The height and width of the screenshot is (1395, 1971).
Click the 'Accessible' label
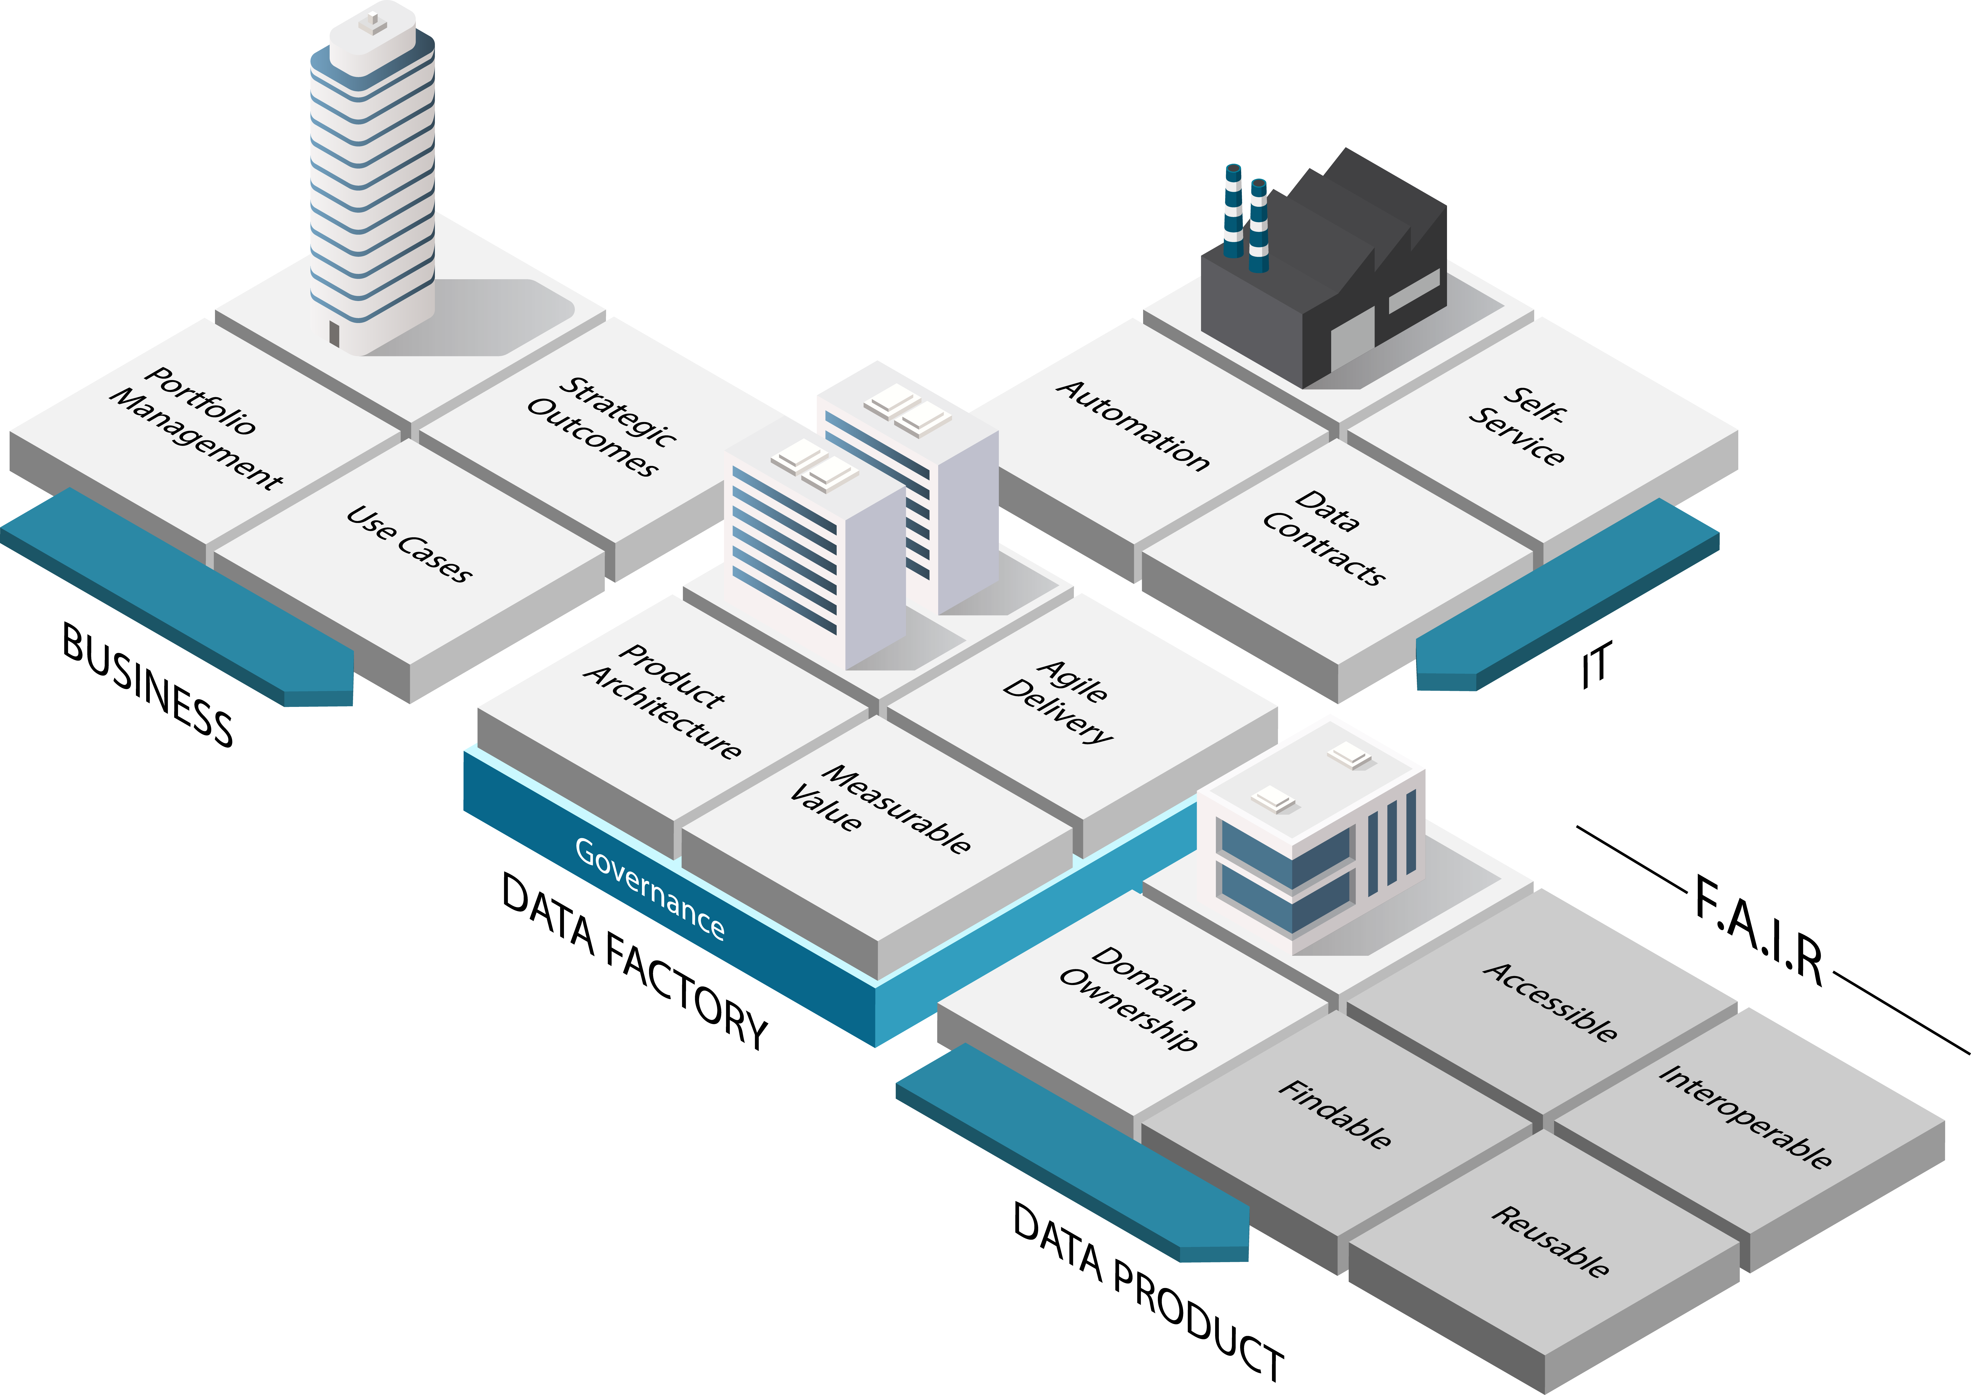[x=1551, y=1001]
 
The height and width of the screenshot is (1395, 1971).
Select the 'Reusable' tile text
[x=1551, y=1241]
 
